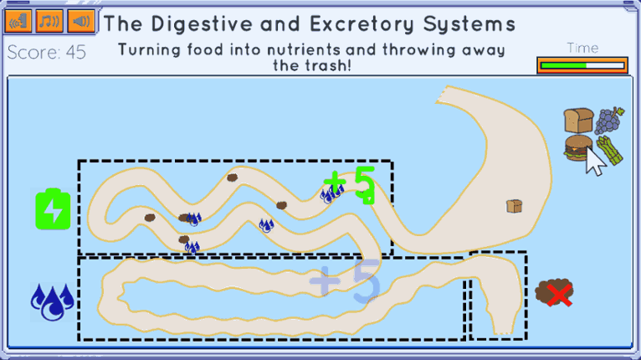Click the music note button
[49, 20]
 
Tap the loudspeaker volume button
[81, 20]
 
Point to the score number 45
[75, 53]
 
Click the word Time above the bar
[582, 48]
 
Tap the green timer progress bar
[563, 65]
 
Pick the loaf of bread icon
[578, 121]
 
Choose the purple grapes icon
[609, 121]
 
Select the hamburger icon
[578, 147]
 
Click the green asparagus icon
[609, 151]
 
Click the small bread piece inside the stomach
[515, 206]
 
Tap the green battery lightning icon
[53, 209]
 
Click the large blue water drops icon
[53, 302]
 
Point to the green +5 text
[350, 184]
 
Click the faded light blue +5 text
[345, 281]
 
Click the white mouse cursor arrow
[595, 161]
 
